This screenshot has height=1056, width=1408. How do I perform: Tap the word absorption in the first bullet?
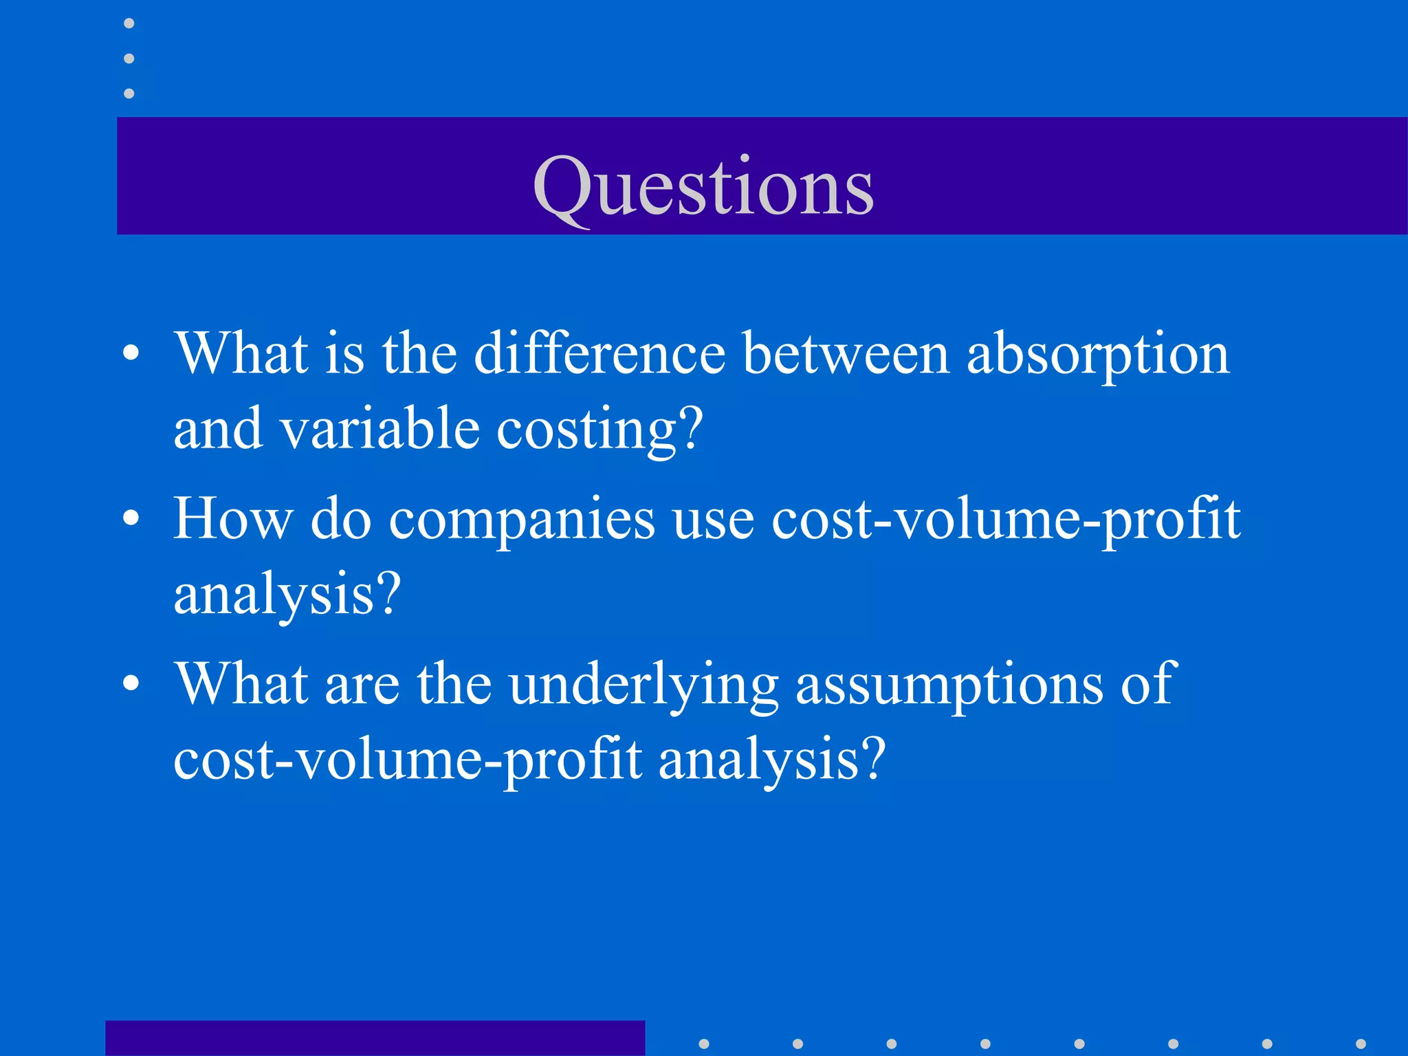(1098, 355)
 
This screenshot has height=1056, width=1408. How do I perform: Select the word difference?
(599, 353)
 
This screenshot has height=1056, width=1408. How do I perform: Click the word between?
(846, 353)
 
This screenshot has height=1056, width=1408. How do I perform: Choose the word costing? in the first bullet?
(599, 430)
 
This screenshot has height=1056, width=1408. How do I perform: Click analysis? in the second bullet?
(287, 595)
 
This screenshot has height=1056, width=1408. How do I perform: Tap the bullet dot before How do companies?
(131, 520)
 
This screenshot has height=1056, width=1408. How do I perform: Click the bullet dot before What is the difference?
(131, 355)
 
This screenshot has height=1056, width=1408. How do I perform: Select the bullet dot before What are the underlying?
(131, 685)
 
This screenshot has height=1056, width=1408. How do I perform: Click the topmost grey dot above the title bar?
(129, 23)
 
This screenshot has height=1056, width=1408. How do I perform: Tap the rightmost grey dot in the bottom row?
(1361, 1044)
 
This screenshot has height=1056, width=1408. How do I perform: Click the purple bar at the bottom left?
(375, 1038)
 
